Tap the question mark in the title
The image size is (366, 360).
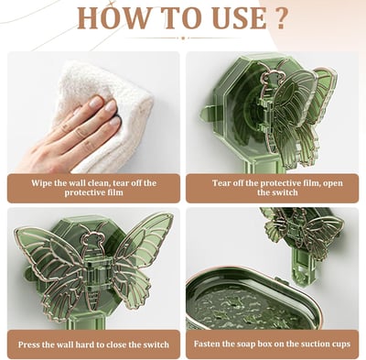(x=281, y=18)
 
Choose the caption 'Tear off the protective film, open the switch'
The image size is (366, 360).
(x=272, y=189)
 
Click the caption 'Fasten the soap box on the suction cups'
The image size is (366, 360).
(x=272, y=345)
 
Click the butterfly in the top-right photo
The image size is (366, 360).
(x=285, y=115)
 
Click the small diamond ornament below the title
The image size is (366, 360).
(x=182, y=38)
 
